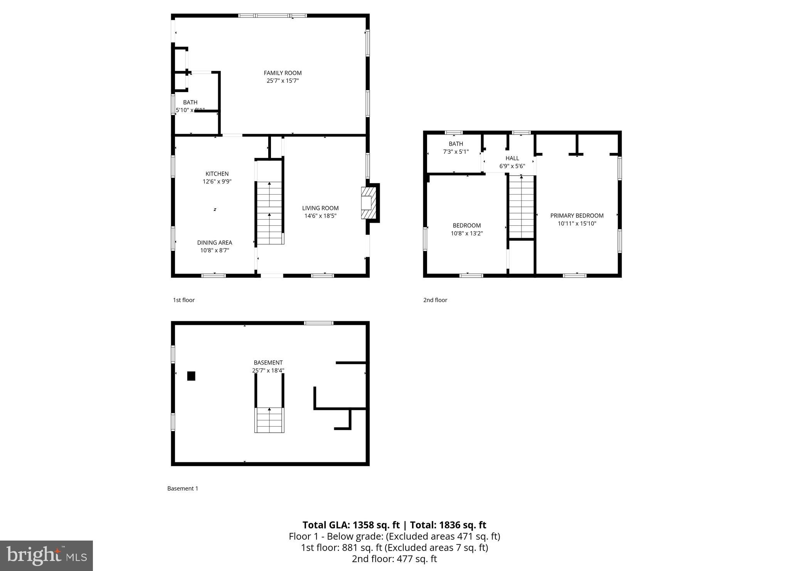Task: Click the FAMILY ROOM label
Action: [283, 73]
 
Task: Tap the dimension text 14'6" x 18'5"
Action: [320, 216]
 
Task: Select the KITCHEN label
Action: [217, 174]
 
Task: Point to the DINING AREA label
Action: [215, 242]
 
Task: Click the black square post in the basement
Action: [191, 376]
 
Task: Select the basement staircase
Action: [269, 420]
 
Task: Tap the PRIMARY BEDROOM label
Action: [577, 216]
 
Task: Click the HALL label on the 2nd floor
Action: [512, 158]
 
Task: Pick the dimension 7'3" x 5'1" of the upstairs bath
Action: [456, 152]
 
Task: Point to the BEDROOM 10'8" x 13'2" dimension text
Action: [467, 233]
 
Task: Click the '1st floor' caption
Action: [184, 300]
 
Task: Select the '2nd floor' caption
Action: [435, 300]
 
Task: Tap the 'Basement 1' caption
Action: [183, 488]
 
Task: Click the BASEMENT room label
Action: [268, 363]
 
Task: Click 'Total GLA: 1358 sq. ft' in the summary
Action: [351, 525]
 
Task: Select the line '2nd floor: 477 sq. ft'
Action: [394, 559]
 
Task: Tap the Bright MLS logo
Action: [46, 555]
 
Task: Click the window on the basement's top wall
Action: [318, 323]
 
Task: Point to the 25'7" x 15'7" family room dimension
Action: [283, 81]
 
